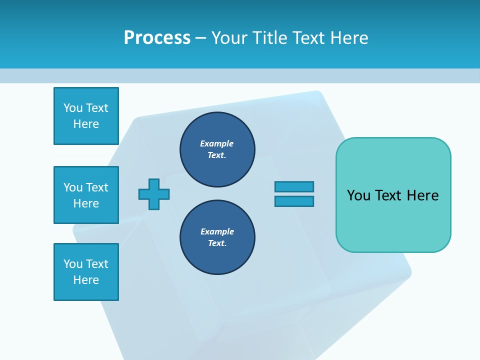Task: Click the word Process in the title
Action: pos(157,37)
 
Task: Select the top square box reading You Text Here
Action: pos(86,116)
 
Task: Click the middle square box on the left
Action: pos(86,195)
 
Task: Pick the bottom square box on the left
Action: pos(86,272)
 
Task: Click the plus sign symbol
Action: pos(154,194)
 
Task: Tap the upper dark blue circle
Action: pos(217,149)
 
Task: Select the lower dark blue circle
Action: pos(217,237)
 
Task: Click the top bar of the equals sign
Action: pos(294,186)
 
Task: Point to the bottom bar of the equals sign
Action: pos(294,201)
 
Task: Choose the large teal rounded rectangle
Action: pos(393,195)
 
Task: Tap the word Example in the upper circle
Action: pos(216,143)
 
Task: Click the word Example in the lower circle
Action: pos(217,231)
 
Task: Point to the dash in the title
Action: pos(200,38)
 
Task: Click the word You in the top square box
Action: pos(73,108)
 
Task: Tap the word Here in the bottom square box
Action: pos(86,280)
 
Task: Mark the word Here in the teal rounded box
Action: pos(422,195)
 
